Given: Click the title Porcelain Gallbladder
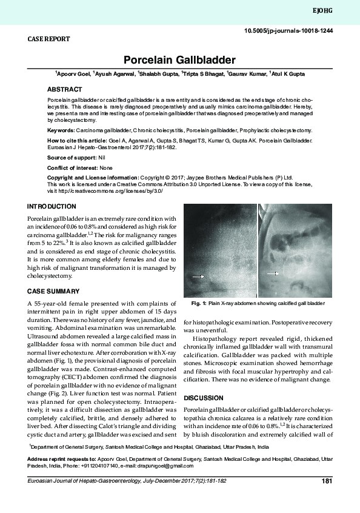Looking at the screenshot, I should (179, 60).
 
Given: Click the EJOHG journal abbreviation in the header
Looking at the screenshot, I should (341, 11).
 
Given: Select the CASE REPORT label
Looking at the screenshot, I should (49, 39).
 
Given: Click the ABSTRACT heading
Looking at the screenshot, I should (65, 89).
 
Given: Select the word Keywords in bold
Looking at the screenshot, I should (61, 130).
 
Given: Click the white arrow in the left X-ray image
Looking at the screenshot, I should (198, 276).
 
